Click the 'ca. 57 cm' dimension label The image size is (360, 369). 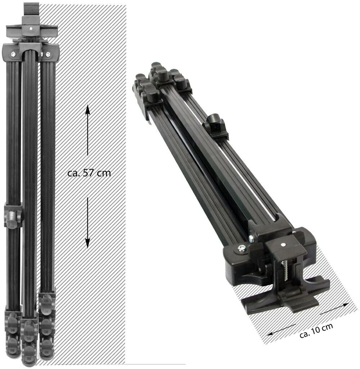click(x=89, y=173)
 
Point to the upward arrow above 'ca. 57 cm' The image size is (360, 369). click(x=87, y=130)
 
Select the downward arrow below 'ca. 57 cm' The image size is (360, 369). click(x=87, y=223)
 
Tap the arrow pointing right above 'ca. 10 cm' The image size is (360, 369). click(x=334, y=309)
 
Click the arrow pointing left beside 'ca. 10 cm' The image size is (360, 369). click(x=281, y=330)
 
